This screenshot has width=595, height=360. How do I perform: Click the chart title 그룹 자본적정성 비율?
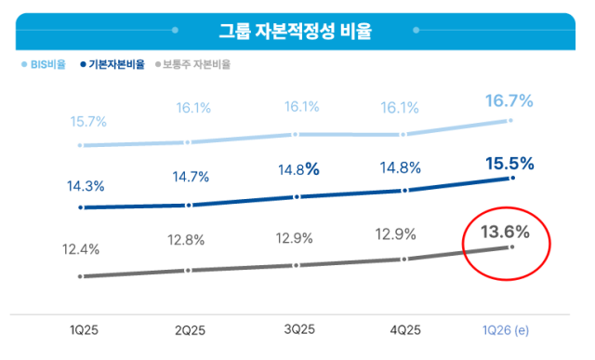(296, 32)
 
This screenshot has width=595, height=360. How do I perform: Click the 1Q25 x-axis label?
(85, 329)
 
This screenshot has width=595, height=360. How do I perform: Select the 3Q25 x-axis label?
(298, 329)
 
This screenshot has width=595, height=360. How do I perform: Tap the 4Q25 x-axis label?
(404, 329)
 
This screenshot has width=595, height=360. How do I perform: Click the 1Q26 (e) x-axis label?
(509, 329)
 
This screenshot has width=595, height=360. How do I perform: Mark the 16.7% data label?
(509, 100)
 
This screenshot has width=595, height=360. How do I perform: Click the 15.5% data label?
(509, 164)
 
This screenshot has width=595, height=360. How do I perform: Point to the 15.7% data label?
(87, 122)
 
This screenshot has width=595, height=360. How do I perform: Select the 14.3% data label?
(86, 185)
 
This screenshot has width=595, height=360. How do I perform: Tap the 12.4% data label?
(84, 249)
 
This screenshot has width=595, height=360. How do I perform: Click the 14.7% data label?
(190, 177)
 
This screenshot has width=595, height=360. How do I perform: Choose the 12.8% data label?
(189, 241)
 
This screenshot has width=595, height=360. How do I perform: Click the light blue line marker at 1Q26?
(510, 121)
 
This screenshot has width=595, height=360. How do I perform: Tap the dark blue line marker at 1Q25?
(82, 207)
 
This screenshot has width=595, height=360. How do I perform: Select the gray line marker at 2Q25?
(189, 271)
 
